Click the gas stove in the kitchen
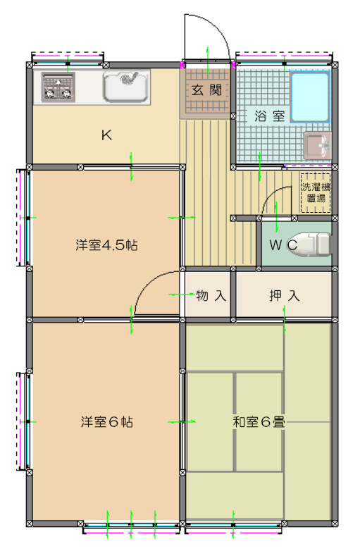coord(58,87)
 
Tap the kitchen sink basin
coord(125,87)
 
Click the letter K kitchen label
coord(106,135)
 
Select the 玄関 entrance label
coord(206,90)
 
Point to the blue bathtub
coord(310,97)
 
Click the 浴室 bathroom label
coord(269,116)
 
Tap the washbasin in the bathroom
coord(317,145)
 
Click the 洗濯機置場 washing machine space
coord(316,192)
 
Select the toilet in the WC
coord(312,244)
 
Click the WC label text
coord(283,245)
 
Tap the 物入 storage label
coord(211,295)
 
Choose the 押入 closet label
coord(284,295)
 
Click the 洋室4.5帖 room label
coord(106,245)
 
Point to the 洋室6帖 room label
coord(106,422)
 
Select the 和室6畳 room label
coord(259,422)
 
